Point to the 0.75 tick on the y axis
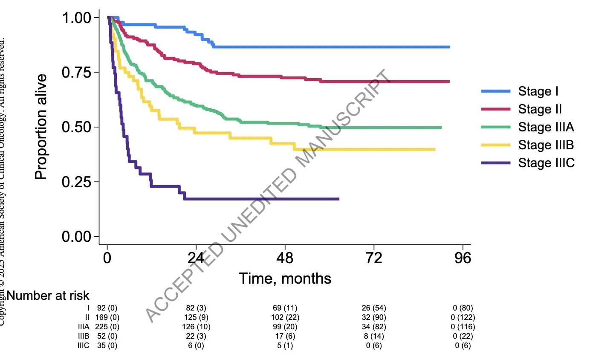(x=81, y=72)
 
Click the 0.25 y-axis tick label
(x=81, y=182)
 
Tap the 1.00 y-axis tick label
(x=81, y=18)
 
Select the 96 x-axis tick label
(x=463, y=258)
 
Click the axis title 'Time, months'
(x=285, y=279)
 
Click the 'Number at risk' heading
(x=48, y=295)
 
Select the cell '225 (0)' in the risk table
(x=107, y=327)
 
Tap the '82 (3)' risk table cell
(x=196, y=308)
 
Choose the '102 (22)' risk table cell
(x=285, y=317)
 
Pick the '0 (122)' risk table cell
(x=463, y=317)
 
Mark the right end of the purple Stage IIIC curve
(x=338, y=199)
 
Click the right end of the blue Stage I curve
(x=449, y=47)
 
